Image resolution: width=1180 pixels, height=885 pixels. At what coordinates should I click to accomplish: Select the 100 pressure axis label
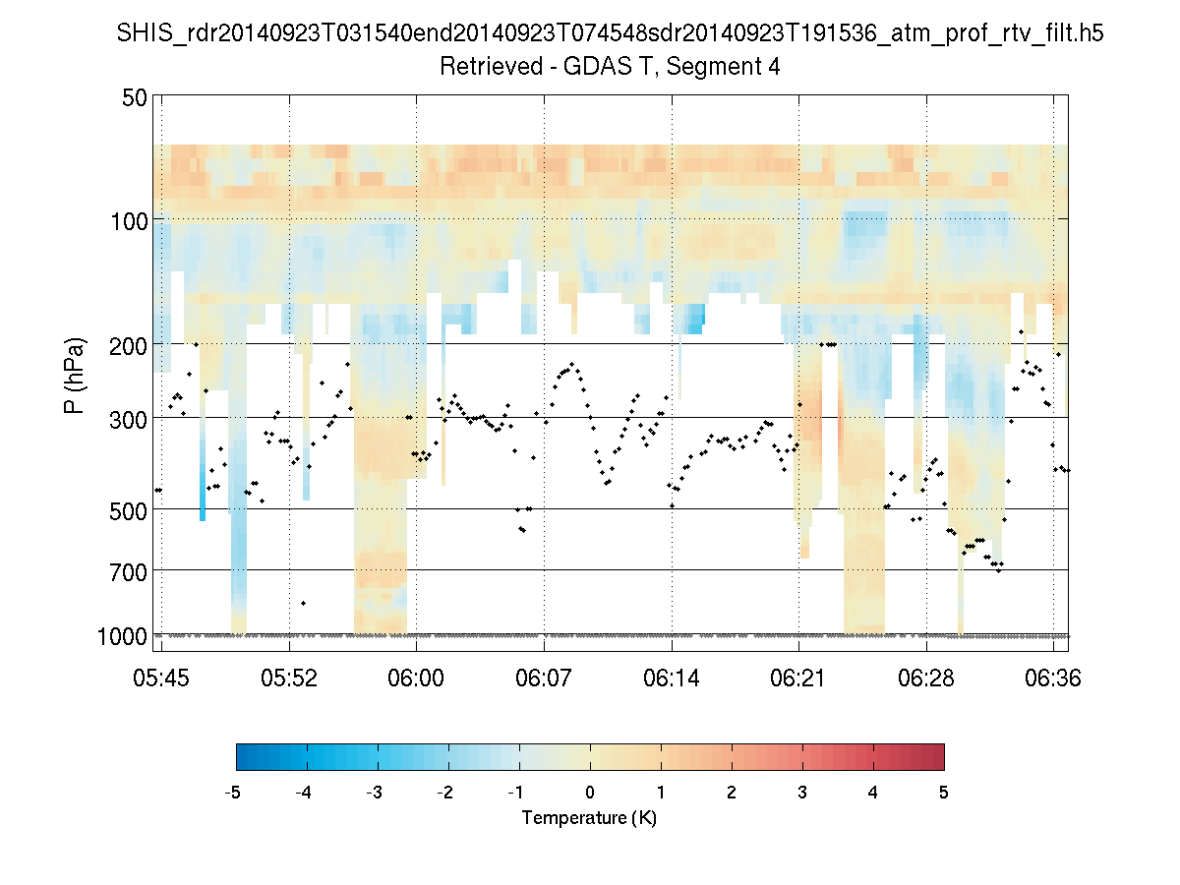pos(128,220)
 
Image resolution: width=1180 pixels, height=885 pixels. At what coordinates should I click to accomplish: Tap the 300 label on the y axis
pos(128,418)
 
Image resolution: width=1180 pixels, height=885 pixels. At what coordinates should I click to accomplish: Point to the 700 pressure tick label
pos(128,570)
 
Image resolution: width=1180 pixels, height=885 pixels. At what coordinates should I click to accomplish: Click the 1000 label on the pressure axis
pos(122,636)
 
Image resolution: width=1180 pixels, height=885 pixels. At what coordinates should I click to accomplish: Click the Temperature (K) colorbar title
pos(589,818)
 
